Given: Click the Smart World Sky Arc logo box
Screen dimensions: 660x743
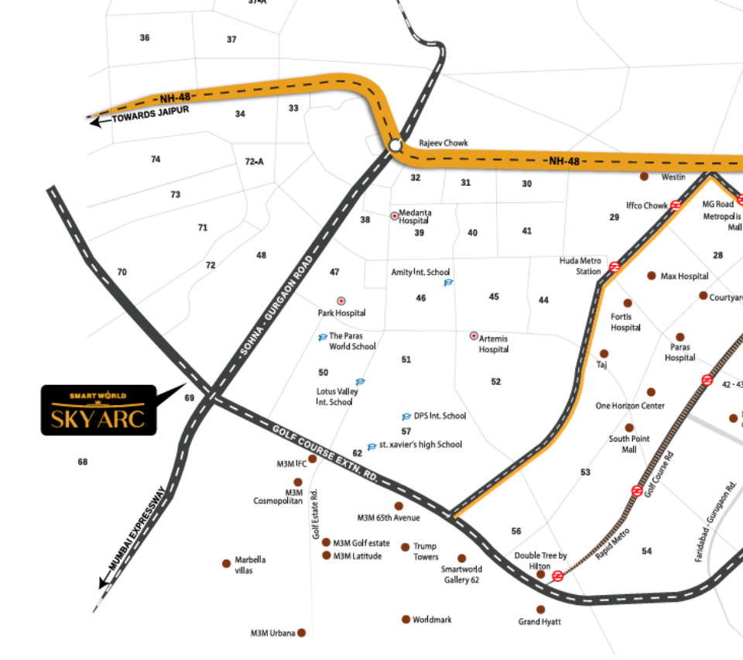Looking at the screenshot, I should click(98, 410).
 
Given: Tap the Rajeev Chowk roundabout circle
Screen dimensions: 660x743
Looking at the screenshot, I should click(395, 145).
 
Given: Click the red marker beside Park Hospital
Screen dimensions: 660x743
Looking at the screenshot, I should click(341, 301).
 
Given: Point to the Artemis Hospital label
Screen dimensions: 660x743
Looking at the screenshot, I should click(494, 343).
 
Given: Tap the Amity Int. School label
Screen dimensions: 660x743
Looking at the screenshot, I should click(420, 272).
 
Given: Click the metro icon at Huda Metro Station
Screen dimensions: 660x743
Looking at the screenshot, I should click(614, 266).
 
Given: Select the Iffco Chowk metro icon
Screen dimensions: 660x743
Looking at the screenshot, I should click(676, 205).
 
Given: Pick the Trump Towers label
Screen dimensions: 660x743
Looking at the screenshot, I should click(426, 552).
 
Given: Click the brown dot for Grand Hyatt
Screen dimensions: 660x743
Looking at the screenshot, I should click(540, 610).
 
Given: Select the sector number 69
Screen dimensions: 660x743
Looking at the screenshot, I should click(190, 397).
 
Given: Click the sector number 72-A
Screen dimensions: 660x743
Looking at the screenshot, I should click(254, 161).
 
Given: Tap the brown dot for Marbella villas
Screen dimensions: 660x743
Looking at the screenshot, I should click(227, 563).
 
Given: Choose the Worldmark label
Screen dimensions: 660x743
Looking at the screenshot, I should click(432, 620).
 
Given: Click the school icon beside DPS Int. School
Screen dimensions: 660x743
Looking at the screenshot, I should click(406, 417).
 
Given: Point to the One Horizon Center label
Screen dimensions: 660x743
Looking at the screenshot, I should click(629, 406).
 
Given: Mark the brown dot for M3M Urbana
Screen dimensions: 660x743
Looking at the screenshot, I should click(302, 633).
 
